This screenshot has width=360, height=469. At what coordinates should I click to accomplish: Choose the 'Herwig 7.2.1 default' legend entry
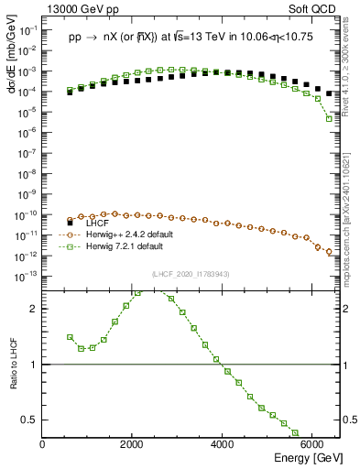[x=116, y=245]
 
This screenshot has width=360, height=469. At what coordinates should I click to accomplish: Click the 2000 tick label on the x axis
[x=133, y=445]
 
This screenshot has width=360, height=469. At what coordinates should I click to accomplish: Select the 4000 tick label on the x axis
[x=223, y=445]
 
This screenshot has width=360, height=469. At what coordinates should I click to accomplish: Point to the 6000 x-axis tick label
[x=312, y=445]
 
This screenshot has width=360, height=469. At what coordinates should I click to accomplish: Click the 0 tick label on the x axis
[x=43, y=445]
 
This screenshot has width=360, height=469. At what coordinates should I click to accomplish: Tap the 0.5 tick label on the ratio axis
[x=29, y=420]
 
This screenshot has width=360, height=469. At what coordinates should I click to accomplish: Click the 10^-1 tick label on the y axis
[x=27, y=30]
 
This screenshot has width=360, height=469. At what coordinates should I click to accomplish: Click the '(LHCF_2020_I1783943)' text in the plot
[x=191, y=274]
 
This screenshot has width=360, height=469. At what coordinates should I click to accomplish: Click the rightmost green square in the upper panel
[x=329, y=118]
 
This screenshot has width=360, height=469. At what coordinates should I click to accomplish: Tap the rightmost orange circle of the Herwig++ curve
[x=329, y=253]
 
